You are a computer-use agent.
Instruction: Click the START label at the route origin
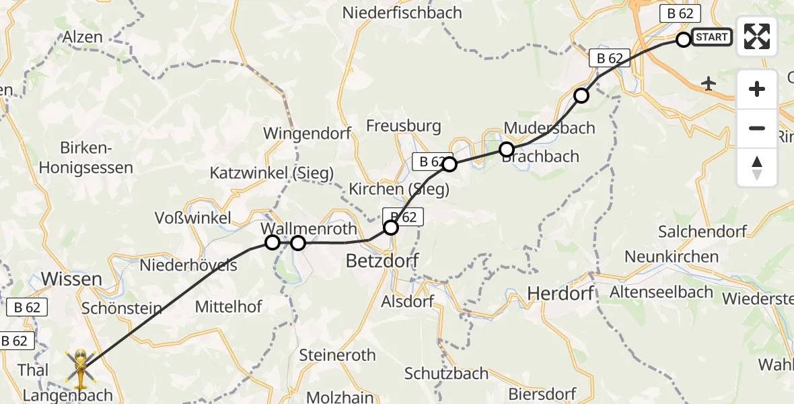711,37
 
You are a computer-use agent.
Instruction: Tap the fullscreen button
757,36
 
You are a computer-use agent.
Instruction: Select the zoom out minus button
757,128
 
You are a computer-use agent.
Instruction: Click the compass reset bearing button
757,167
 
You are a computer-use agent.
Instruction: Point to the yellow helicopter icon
80,369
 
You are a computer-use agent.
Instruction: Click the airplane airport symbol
709,83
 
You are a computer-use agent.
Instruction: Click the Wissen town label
71,278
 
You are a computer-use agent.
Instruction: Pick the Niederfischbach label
402,12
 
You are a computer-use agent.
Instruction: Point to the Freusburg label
404,126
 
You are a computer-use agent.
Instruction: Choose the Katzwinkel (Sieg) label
272,173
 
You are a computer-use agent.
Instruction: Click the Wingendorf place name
307,133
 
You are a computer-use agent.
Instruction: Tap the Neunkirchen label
672,257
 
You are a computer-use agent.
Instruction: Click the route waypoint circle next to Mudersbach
507,149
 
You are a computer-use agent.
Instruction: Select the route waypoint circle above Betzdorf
391,228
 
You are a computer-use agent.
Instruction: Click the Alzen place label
83,37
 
